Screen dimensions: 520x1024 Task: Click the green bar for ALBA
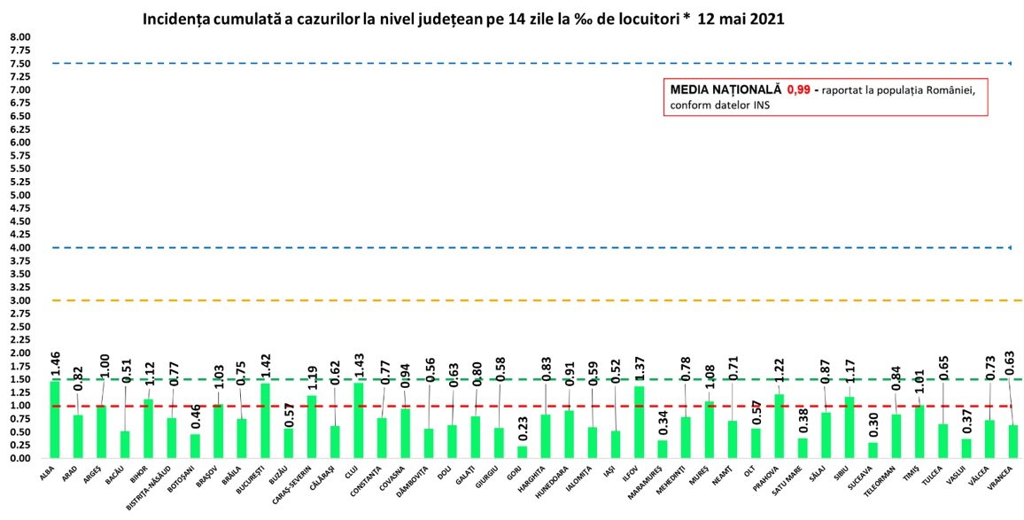click(55, 420)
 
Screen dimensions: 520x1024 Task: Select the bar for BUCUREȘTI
click(265, 421)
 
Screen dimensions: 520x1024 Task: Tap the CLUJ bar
click(359, 421)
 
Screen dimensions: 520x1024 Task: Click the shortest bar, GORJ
click(523, 452)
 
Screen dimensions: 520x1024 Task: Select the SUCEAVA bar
click(873, 450)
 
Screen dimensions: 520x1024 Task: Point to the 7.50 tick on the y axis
click(19, 64)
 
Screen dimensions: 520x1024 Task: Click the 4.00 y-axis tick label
click(19, 247)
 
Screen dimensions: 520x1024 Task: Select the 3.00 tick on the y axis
click(19, 300)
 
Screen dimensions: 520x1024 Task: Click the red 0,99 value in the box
click(799, 89)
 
